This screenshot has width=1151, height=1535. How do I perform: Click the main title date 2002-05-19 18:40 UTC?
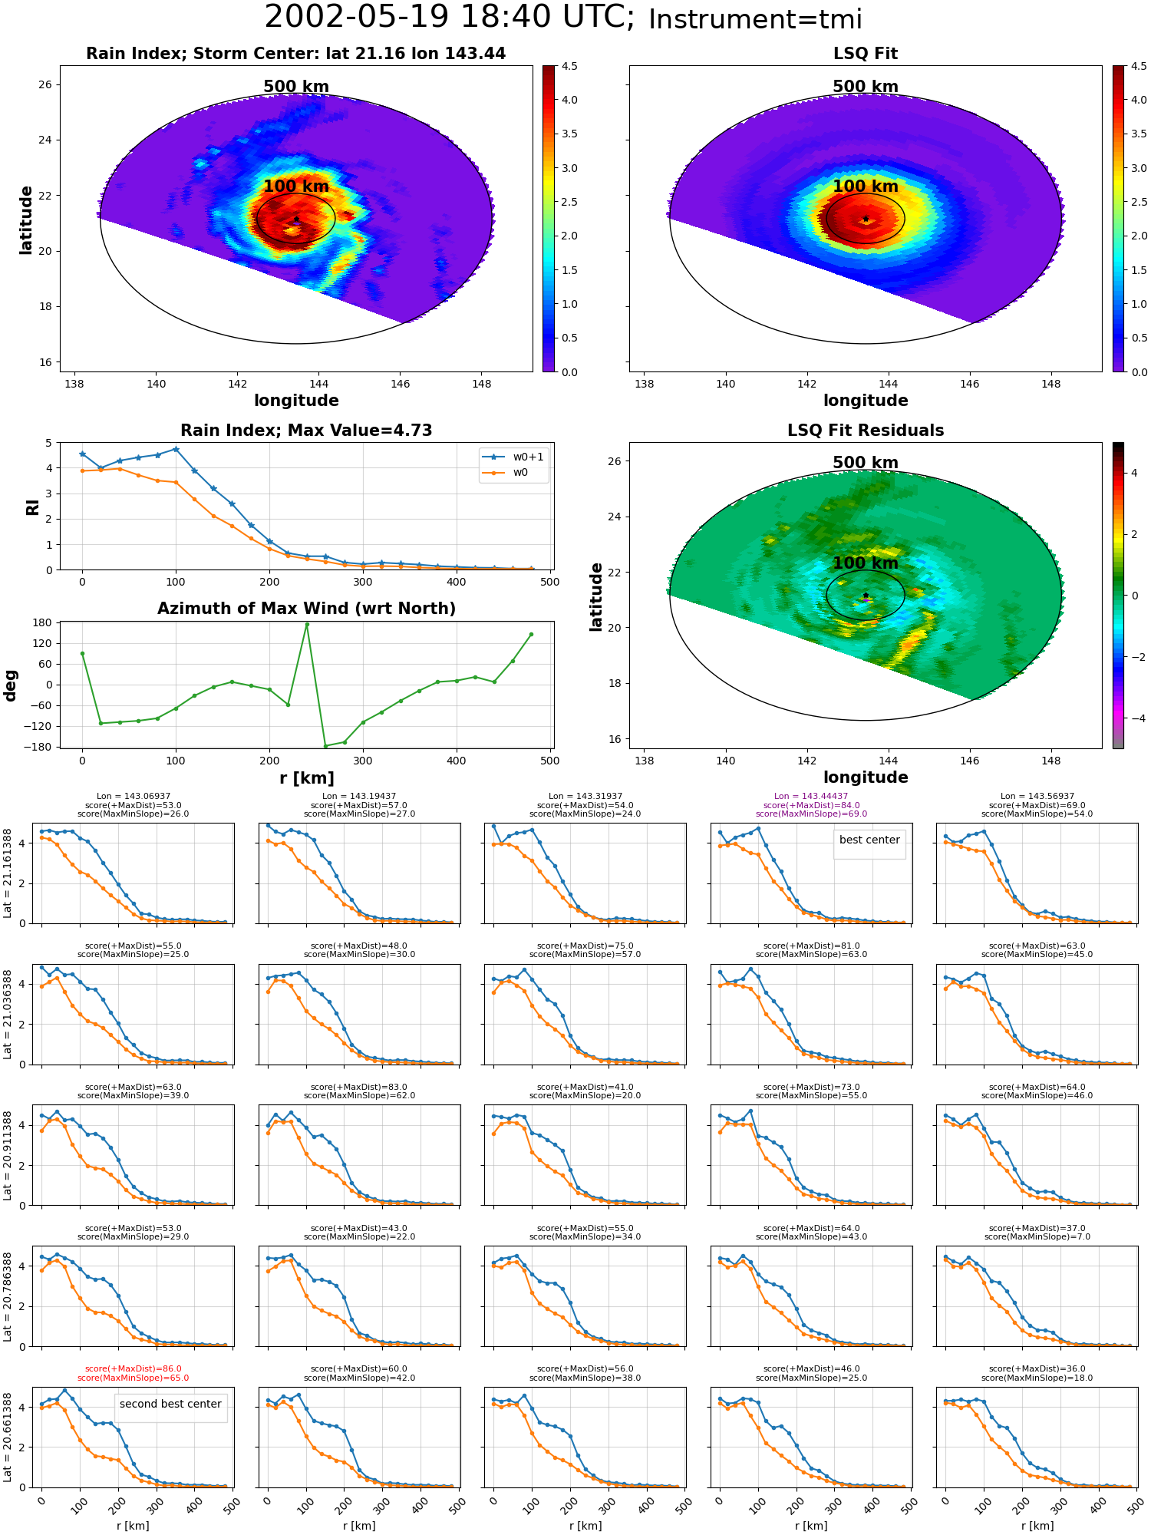pos(450,17)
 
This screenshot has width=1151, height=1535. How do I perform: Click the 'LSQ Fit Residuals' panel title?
pos(866,431)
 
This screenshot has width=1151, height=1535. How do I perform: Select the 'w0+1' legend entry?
pos(513,457)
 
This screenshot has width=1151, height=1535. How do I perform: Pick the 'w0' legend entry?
pos(506,473)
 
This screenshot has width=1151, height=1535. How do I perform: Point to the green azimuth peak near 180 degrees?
pos(307,625)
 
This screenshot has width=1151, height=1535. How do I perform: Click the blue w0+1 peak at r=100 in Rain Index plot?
pos(176,449)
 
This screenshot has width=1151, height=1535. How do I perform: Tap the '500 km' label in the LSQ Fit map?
pos(866,87)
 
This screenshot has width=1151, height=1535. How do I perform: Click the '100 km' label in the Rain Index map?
pos(296,187)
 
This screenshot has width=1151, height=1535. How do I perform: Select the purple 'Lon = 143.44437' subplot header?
pos(811,797)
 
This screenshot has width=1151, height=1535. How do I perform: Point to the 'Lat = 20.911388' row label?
pos(8,1155)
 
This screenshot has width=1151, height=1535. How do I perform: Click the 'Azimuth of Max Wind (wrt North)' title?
pos(307,609)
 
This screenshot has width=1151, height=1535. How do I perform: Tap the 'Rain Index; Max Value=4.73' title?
pos(307,431)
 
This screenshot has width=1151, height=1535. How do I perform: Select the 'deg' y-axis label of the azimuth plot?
pos(11,685)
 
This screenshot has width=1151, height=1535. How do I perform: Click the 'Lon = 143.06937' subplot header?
pos(134,797)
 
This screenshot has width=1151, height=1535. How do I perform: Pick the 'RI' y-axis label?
pos(33,507)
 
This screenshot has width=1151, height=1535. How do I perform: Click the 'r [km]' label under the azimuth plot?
pos(307,778)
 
